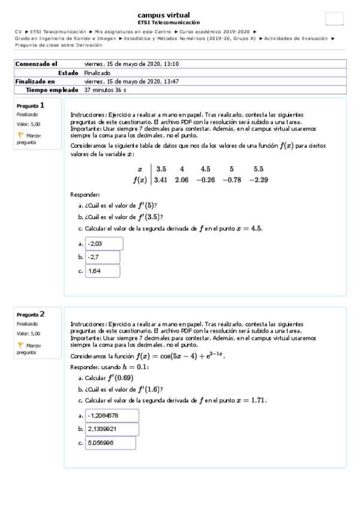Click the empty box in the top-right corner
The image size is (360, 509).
tap(334, 19)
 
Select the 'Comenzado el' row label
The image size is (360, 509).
tap(36, 64)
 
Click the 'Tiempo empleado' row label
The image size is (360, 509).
tap(52, 89)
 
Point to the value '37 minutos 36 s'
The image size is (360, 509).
tap(105, 89)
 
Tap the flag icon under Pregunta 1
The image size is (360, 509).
tap(20, 136)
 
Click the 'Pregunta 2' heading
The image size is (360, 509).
tap(31, 314)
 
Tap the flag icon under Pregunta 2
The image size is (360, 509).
tap(20, 345)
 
